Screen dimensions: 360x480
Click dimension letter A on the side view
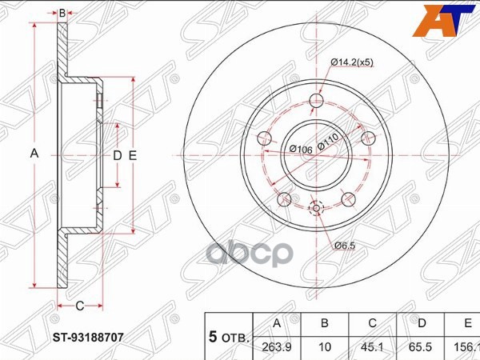click(34, 154)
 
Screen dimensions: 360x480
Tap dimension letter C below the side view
click(79, 306)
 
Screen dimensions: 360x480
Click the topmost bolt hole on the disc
click(317, 102)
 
